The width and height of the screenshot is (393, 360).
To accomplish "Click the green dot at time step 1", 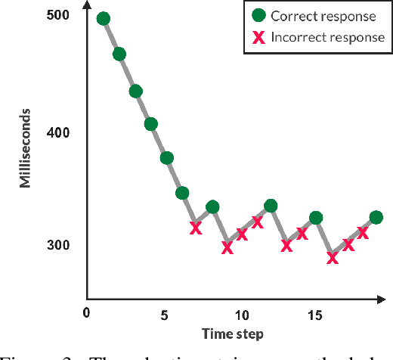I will click(x=104, y=19).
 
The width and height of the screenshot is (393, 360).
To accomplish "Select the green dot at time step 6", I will click(x=182, y=193).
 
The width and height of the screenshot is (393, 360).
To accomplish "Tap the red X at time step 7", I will click(x=196, y=228).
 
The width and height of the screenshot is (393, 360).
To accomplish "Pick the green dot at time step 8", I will click(x=212, y=206).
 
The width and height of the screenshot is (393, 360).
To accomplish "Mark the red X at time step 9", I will click(x=227, y=247).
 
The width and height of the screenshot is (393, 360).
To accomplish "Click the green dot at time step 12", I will click(x=271, y=206).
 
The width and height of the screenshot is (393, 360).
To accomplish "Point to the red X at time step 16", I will click(x=332, y=258).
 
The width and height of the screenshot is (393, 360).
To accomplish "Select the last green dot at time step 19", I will click(x=376, y=218).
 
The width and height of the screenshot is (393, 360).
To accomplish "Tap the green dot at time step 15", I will click(x=316, y=218).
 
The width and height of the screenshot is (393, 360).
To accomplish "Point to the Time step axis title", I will click(x=233, y=334).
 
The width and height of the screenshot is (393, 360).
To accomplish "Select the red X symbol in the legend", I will click(x=258, y=38).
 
